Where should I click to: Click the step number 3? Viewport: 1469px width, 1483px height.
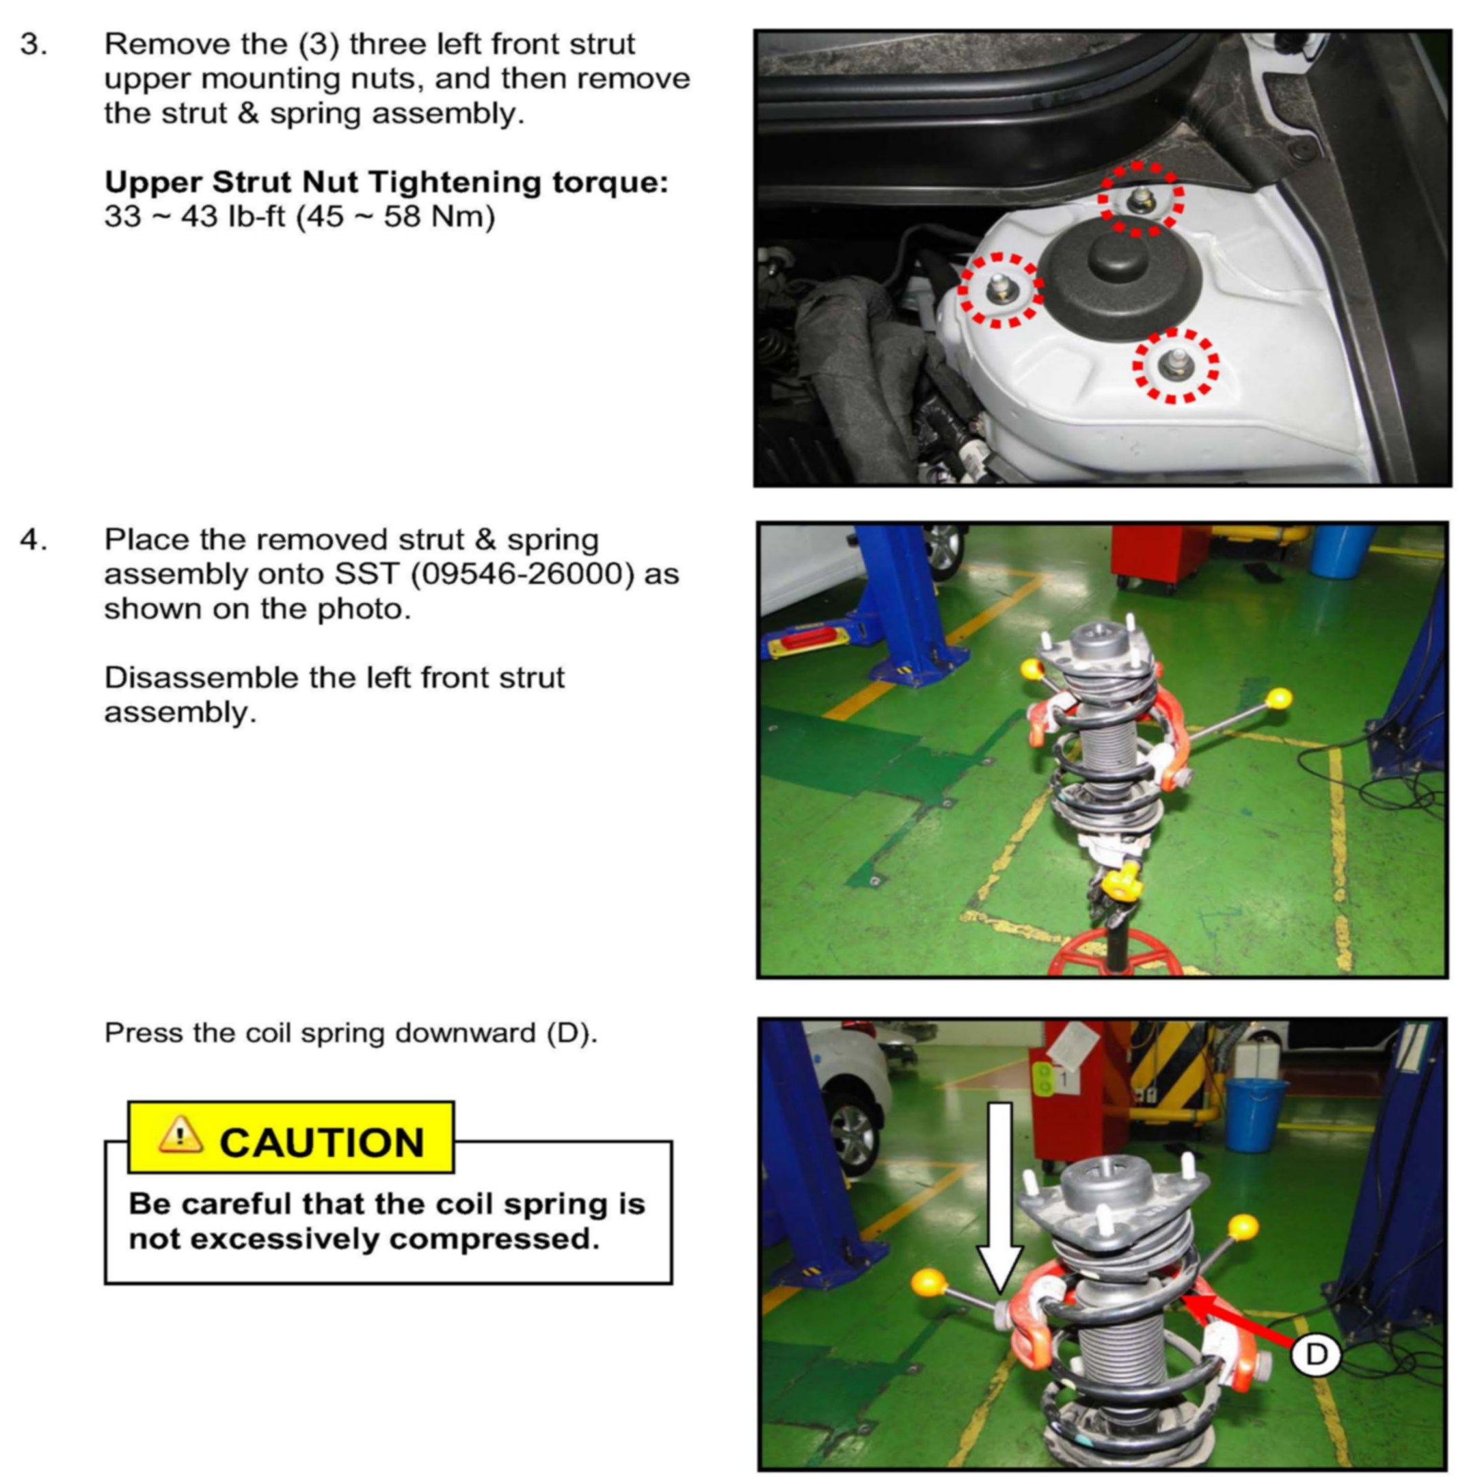pos(33,44)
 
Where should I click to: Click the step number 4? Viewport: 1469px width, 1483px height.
pos(33,539)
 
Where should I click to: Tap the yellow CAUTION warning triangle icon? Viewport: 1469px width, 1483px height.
pos(180,1135)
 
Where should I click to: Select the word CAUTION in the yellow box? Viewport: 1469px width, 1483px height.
pos(321,1143)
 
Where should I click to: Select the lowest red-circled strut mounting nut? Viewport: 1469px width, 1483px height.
pos(1176,364)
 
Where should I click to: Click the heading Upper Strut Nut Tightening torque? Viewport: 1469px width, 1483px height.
pos(386,183)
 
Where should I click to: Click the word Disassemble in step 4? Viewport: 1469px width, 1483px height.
pos(200,678)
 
